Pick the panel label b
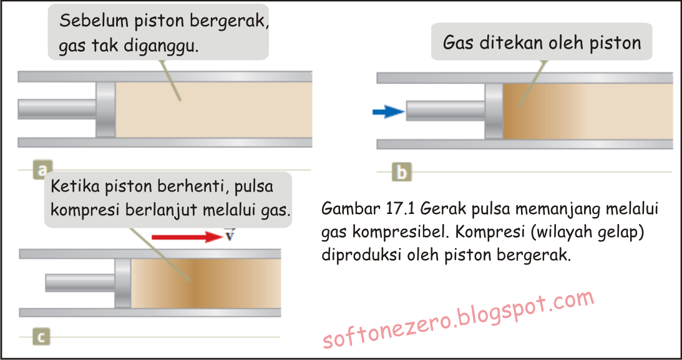pos(401,172)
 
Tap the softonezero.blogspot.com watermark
pos(459,321)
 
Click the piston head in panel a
pos(105,109)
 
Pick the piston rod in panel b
pos(445,112)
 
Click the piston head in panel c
pos(123,283)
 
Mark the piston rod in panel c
pos(80,283)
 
